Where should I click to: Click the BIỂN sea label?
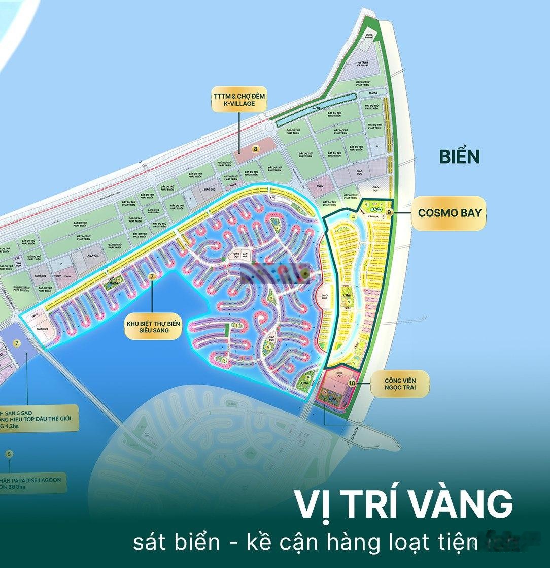pos(459,157)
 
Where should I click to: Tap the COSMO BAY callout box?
pos(449,213)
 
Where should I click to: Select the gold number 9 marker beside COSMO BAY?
pos(389,212)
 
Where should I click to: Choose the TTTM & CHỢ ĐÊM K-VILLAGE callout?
pos(239,100)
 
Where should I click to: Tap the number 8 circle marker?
pos(256,149)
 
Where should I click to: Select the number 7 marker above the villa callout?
pos(152,276)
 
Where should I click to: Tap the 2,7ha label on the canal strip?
pos(316,108)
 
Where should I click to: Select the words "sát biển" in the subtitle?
pos(177,542)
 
